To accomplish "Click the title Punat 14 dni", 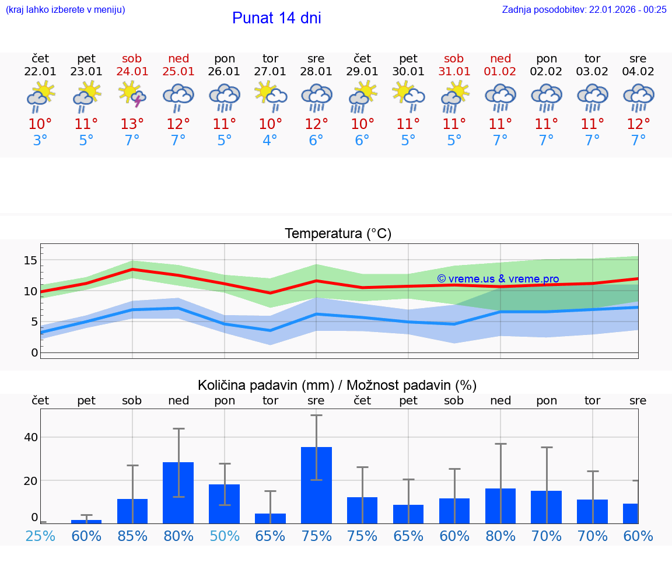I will (x=276, y=18).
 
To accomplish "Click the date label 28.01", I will (x=316, y=72).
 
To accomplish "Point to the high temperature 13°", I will (x=132, y=124).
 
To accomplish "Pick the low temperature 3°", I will (x=40, y=141).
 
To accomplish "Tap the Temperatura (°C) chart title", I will (x=338, y=234).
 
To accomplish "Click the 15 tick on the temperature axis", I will (x=30, y=260).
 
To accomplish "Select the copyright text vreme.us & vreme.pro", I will (x=498, y=279).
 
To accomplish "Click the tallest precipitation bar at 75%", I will (x=316, y=484).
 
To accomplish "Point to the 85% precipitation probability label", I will (x=132, y=536).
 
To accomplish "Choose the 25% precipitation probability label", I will (x=40, y=536).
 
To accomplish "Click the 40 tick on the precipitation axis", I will (x=31, y=437).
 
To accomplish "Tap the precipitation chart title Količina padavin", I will (x=337, y=385).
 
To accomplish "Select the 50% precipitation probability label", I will (x=225, y=536).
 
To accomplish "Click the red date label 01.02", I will (x=500, y=72).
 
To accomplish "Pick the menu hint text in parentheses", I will (x=65, y=9).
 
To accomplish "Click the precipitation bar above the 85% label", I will (x=132, y=511).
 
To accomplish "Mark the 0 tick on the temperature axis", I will (x=34, y=352).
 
